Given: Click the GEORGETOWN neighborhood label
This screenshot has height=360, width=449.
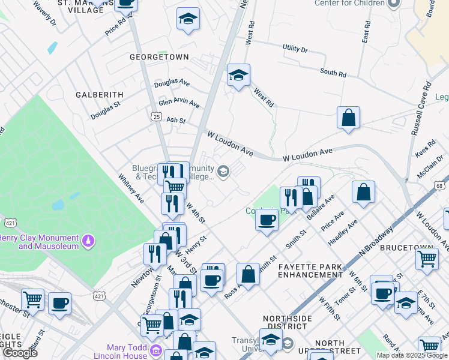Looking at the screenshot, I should click(x=159, y=57).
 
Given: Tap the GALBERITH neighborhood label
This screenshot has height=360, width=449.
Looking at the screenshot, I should click(x=99, y=95).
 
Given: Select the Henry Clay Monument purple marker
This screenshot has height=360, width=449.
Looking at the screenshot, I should click(x=89, y=241).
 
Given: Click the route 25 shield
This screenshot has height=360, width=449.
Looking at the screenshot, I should click(x=156, y=116).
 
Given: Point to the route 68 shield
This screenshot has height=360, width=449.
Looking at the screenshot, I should click(x=439, y=186).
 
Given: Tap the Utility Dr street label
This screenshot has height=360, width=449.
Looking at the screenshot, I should click(x=295, y=49).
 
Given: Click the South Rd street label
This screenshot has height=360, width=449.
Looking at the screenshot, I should click(x=333, y=73).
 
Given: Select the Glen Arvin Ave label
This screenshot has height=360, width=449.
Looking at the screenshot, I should click(x=178, y=103).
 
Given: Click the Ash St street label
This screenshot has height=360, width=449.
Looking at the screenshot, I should click(x=176, y=121).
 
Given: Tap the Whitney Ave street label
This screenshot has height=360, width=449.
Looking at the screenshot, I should click(x=131, y=188).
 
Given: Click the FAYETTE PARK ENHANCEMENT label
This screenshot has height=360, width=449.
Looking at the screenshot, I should click(x=310, y=271).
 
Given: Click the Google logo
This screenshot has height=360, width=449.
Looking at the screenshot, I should click(x=20, y=353).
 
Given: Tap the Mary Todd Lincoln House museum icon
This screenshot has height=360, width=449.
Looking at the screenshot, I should click(x=155, y=350).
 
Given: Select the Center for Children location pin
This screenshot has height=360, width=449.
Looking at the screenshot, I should click(x=394, y=3).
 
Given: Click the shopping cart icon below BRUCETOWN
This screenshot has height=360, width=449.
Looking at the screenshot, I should click(x=427, y=259).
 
